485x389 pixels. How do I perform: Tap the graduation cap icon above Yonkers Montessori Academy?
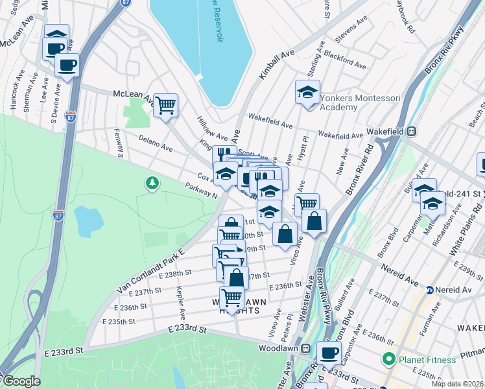pos(307,92)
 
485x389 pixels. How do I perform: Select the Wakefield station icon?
pos(410,131)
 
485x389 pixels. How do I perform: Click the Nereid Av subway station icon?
pos(429,289)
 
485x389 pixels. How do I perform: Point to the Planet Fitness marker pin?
pos(389,359)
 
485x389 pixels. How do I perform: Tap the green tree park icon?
pos(152,184)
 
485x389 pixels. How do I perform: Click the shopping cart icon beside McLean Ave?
pos(166,104)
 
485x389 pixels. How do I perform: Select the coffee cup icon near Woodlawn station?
pos(329,353)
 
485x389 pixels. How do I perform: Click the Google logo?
pos(21,382)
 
